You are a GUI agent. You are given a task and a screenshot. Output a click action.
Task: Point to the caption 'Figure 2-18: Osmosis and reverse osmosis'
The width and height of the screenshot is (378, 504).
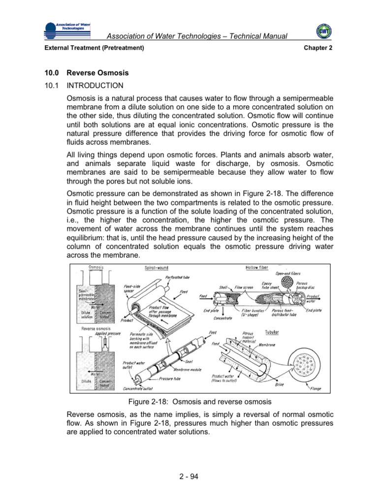point(189,401)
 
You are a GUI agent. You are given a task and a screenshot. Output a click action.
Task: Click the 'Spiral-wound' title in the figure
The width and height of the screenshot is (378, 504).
point(157,268)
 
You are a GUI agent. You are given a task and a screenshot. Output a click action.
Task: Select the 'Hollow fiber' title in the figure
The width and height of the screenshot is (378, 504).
point(257,268)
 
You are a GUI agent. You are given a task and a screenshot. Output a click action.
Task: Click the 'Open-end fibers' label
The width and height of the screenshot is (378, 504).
point(288,274)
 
